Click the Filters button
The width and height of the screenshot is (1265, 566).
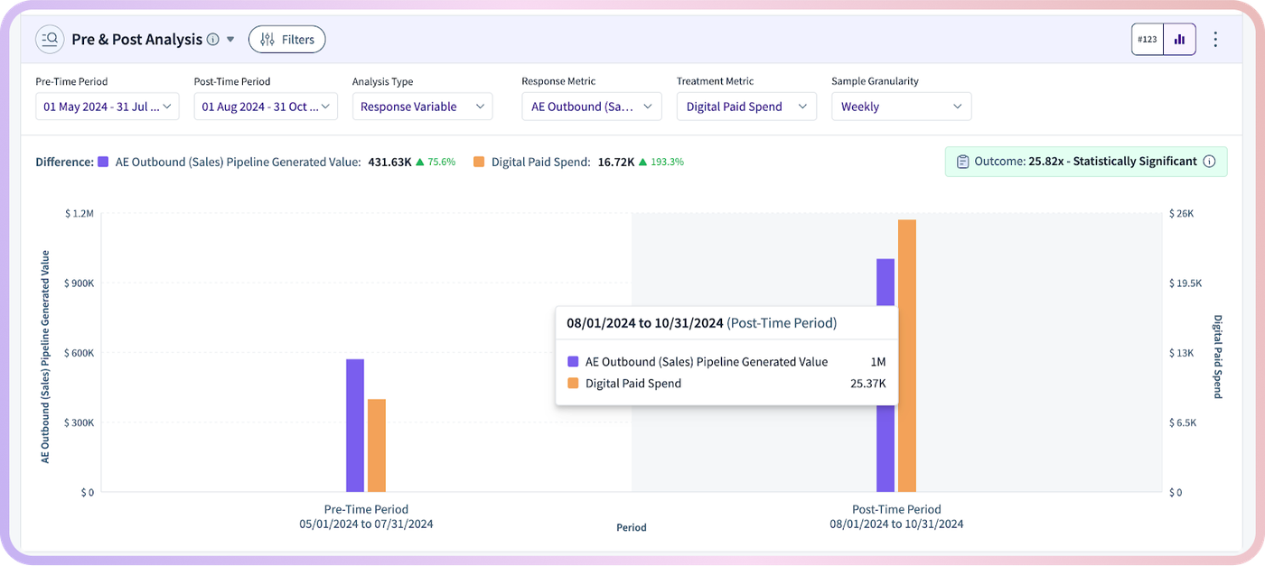(x=287, y=40)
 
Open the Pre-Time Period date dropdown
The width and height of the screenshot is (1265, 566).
(x=108, y=107)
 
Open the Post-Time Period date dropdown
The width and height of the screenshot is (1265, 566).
(x=266, y=107)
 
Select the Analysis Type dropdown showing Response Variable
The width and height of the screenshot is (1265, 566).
(x=423, y=107)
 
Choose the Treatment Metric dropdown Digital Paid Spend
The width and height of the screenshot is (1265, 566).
(x=746, y=107)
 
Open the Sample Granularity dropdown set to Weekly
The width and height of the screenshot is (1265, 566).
(x=902, y=107)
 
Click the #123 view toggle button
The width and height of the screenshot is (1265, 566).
(x=1148, y=40)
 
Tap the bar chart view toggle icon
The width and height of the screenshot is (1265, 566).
(x=1180, y=40)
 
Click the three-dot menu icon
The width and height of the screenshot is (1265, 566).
(x=1216, y=40)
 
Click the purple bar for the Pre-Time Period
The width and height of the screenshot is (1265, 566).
(x=355, y=425)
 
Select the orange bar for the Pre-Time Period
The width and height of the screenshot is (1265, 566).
(x=377, y=446)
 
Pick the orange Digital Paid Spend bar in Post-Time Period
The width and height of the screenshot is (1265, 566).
(x=907, y=356)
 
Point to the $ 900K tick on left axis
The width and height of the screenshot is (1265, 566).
(x=80, y=283)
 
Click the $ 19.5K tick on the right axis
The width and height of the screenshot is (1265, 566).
(x=1185, y=283)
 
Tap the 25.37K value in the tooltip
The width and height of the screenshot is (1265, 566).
(x=868, y=384)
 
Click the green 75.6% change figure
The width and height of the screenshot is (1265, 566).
(x=441, y=162)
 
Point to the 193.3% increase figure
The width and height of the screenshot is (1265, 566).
(x=667, y=162)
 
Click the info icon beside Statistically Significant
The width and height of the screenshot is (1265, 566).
(x=1209, y=162)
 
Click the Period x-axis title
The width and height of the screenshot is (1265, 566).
(x=632, y=527)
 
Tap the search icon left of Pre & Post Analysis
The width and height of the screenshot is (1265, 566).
(x=50, y=40)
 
